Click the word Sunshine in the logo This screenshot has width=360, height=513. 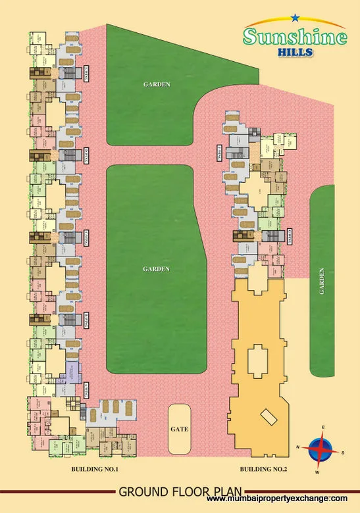click(x=294, y=37)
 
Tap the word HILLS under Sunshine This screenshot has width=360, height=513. click(x=295, y=55)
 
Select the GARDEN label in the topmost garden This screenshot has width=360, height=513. click(x=157, y=84)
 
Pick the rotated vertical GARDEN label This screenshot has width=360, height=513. click(x=322, y=281)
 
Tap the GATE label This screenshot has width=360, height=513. click(x=180, y=429)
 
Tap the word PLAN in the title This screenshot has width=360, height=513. click(x=225, y=491)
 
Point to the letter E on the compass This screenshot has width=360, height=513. click(x=322, y=428)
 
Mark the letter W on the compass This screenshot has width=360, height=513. click(x=318, y=472)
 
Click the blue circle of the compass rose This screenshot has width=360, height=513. click(x=321, y=451)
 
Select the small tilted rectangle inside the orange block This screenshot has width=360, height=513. click(x=269, y=417)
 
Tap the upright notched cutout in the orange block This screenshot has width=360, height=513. click(x=257, y=358)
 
